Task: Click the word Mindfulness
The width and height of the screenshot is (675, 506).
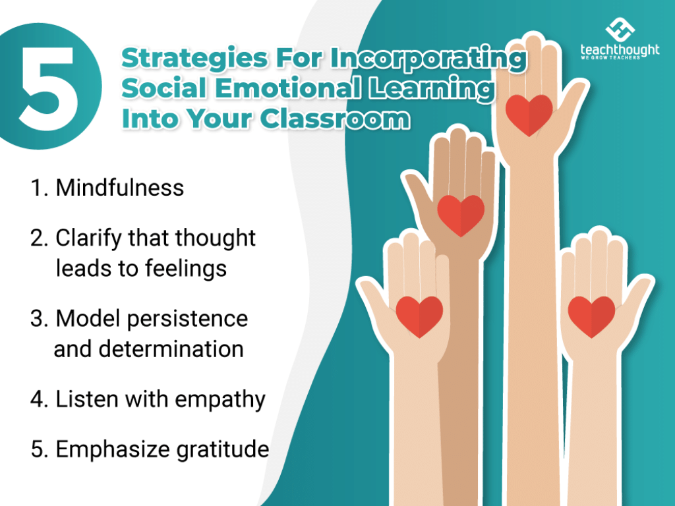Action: point(119,188)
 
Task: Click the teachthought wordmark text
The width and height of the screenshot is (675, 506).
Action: point(620,51)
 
